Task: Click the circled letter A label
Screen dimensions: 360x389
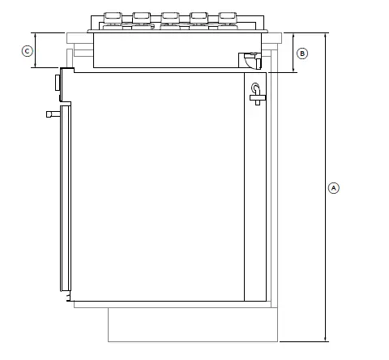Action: point(333,187)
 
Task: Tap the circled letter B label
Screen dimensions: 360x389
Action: point(301,54)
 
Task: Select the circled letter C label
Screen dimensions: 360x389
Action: point(27,51)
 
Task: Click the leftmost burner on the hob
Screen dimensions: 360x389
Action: point(113,17)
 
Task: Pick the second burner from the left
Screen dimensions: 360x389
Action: point(142,17)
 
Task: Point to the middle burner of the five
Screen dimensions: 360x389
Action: point(170,17)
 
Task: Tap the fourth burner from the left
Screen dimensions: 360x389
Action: point(199,17)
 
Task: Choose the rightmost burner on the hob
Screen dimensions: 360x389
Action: point(227,17)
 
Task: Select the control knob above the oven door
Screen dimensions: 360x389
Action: point(57,83)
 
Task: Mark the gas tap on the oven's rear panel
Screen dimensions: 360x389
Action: point(257,94)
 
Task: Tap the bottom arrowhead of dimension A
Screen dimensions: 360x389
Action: point(326,338)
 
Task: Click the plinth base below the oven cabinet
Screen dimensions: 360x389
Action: point(193,324)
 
